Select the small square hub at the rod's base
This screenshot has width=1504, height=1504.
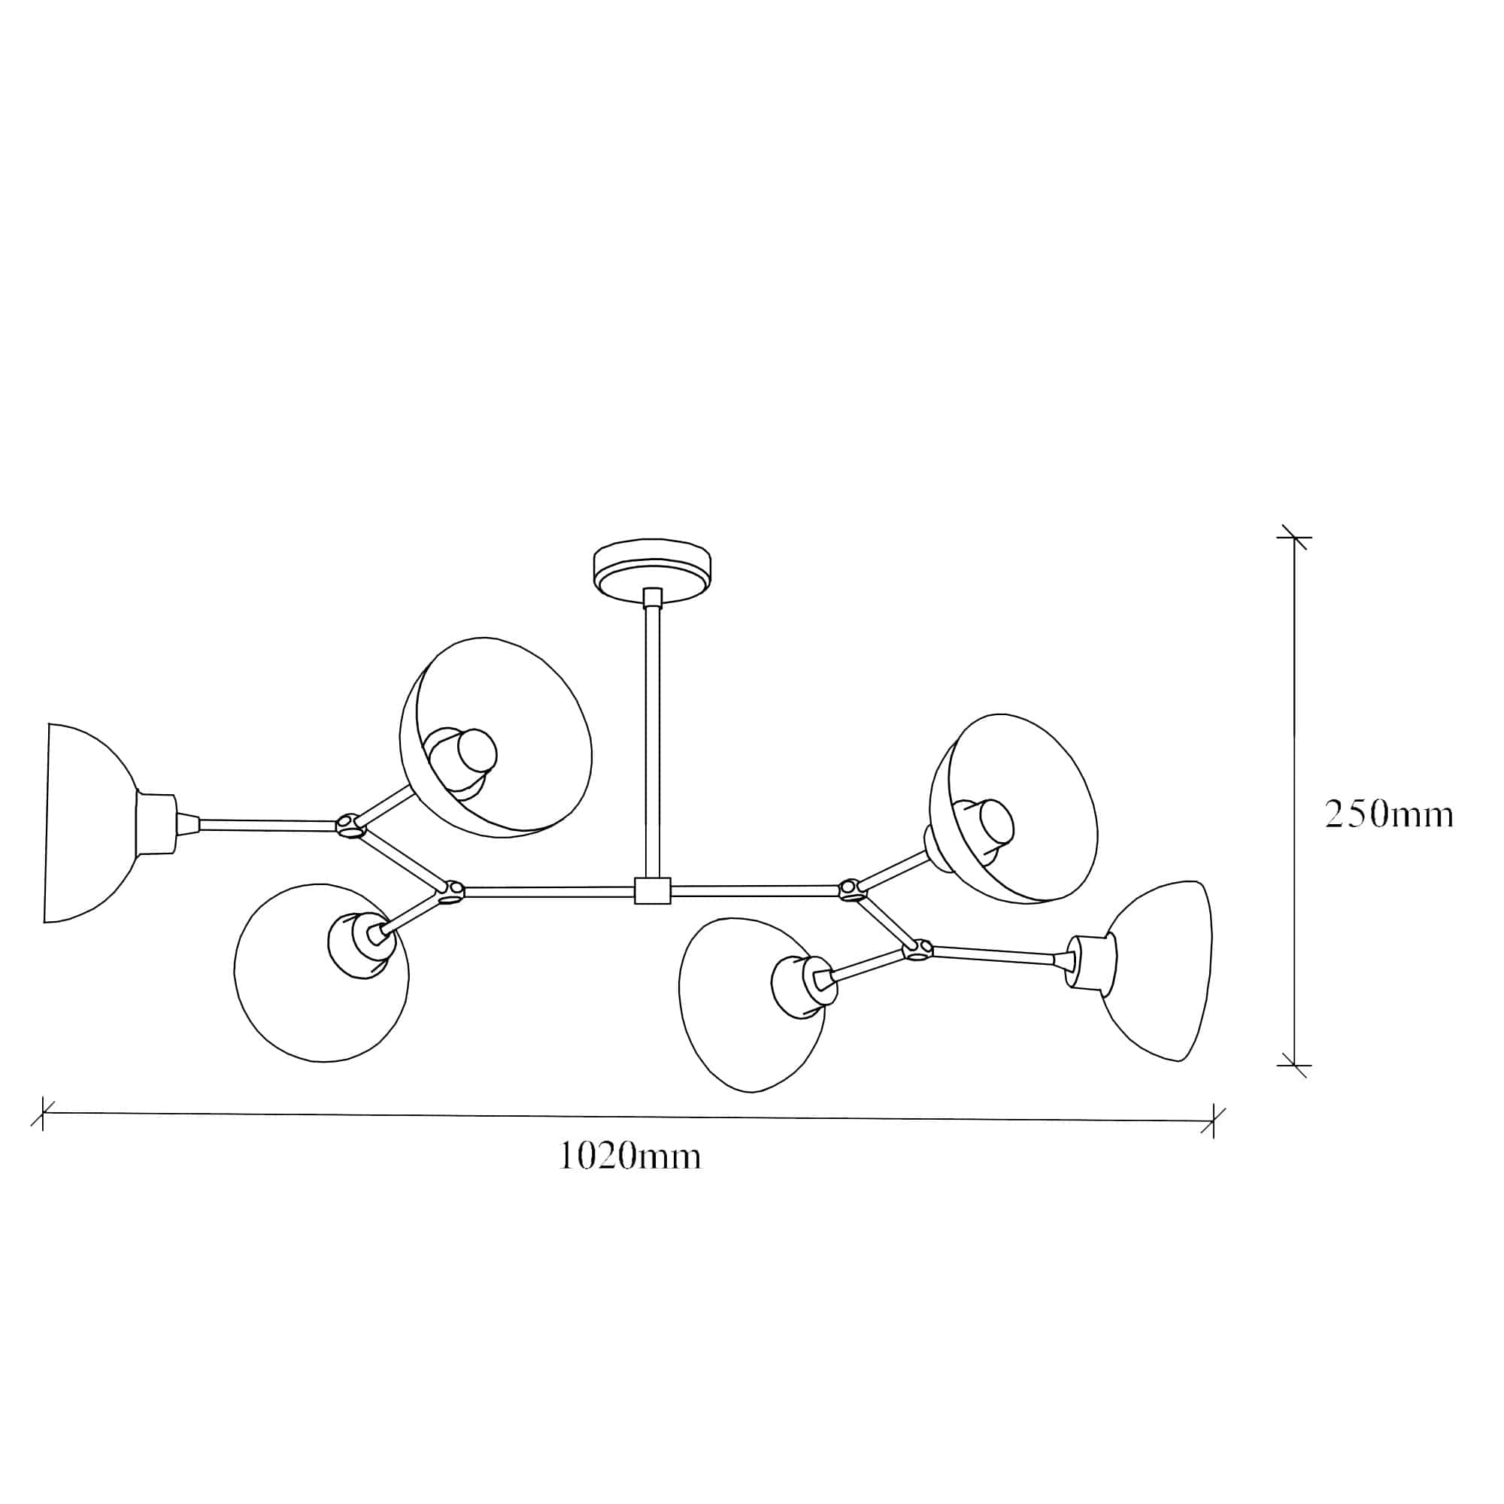(x=652, y=890)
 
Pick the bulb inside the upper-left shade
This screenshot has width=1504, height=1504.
(x=475, y=750)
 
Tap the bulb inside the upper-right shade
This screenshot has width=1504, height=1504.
(x=996, y=821)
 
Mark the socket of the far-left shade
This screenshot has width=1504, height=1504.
(x=156, y=823)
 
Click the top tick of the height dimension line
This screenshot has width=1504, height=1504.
(x=1293, y=537)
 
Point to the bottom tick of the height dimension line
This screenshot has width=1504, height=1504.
(x=1293, y=1065)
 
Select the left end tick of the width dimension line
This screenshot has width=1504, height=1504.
(x=43, y=1113)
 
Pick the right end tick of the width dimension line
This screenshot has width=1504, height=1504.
(x=1212, y=1121)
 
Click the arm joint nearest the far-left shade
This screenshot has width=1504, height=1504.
(x=350, y=825)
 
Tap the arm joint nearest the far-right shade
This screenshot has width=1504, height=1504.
(x=917, y=949)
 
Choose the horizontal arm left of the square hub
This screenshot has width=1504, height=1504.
(x=549, y=892)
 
